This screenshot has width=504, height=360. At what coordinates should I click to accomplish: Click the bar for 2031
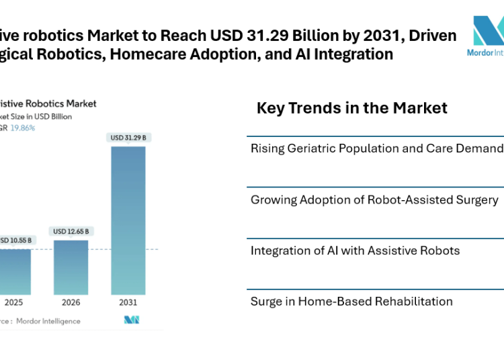(x=128, y=220)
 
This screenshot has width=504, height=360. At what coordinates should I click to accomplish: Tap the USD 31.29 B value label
(x=128, y=138)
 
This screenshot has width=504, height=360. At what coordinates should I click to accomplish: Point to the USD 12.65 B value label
(x=71, y=232)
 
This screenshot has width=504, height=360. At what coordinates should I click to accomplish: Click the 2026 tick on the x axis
(x=71, y=302)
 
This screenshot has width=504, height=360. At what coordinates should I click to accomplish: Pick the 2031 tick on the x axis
(x=128, y=302)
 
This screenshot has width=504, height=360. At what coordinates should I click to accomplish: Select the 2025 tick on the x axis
(x=13, y=302)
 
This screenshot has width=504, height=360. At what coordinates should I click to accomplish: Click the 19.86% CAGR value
(x=24, y=128)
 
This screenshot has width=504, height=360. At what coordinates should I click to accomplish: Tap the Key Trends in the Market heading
(x=351, y=107)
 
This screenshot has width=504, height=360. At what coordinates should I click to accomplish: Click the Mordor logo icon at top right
(x=488, y=31)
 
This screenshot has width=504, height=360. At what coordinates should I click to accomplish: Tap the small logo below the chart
(x=131, y=320)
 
